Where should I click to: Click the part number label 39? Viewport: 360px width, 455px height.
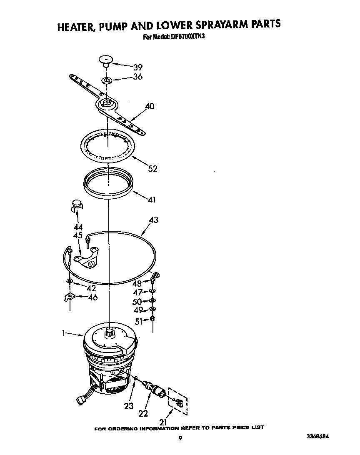coord(137,67)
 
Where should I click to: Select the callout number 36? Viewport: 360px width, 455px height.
coord(137,77)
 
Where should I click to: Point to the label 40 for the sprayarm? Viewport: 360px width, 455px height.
coord(149,107)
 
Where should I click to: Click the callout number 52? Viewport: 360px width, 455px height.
coord(153,169)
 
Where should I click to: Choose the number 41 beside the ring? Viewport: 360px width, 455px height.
coord(151,200)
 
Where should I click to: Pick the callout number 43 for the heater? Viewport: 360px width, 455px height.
coord(153,220)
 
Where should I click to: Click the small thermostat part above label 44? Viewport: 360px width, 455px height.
coord(75,204)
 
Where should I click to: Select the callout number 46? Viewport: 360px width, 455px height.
coord(92,297)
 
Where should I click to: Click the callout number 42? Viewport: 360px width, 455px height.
coord(91,288)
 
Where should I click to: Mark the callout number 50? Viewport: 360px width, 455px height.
coord(137,302)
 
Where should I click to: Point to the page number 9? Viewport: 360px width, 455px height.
coord(180,438)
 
